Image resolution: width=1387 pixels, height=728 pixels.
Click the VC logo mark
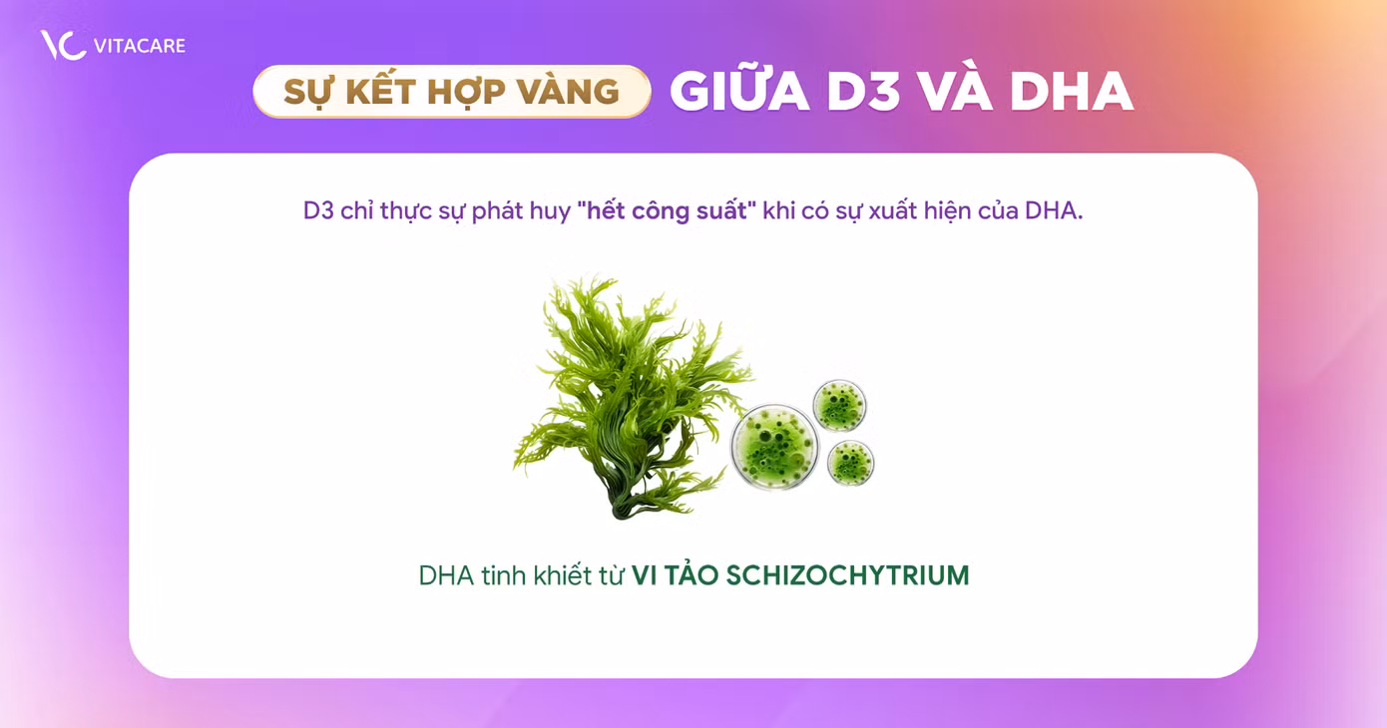[x=62, y=45]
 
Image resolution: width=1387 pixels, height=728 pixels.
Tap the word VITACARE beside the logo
[x=141, y=46]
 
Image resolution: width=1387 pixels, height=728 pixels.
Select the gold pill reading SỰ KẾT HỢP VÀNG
[x=451, y=92]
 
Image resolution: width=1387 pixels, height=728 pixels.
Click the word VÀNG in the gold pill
[x=569, y=92]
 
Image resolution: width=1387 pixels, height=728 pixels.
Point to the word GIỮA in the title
[x=738, y=92]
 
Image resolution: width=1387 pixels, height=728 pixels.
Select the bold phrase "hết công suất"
[x=667, y=211]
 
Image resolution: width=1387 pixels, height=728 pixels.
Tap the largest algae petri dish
[x=774, y=446]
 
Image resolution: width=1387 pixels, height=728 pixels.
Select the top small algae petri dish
[x=839, y=404]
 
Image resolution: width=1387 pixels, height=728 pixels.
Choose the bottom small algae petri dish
[x=850, y=462]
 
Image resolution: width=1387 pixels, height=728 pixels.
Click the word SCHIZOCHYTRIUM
[x=847, y=575]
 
